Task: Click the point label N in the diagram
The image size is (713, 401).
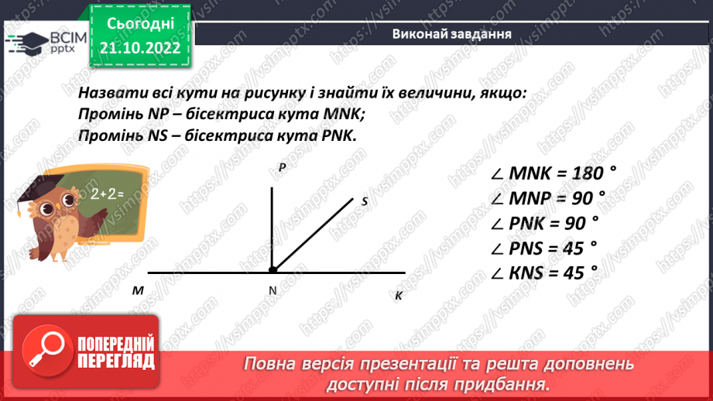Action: [x=273, y=291]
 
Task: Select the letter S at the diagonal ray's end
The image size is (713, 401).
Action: [x=364, y=201]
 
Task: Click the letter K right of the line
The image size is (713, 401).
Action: [x=399, y=295]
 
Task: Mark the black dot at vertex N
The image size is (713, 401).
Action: [x=273, y=271]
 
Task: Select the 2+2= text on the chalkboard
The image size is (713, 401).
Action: [x=107, y=194]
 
